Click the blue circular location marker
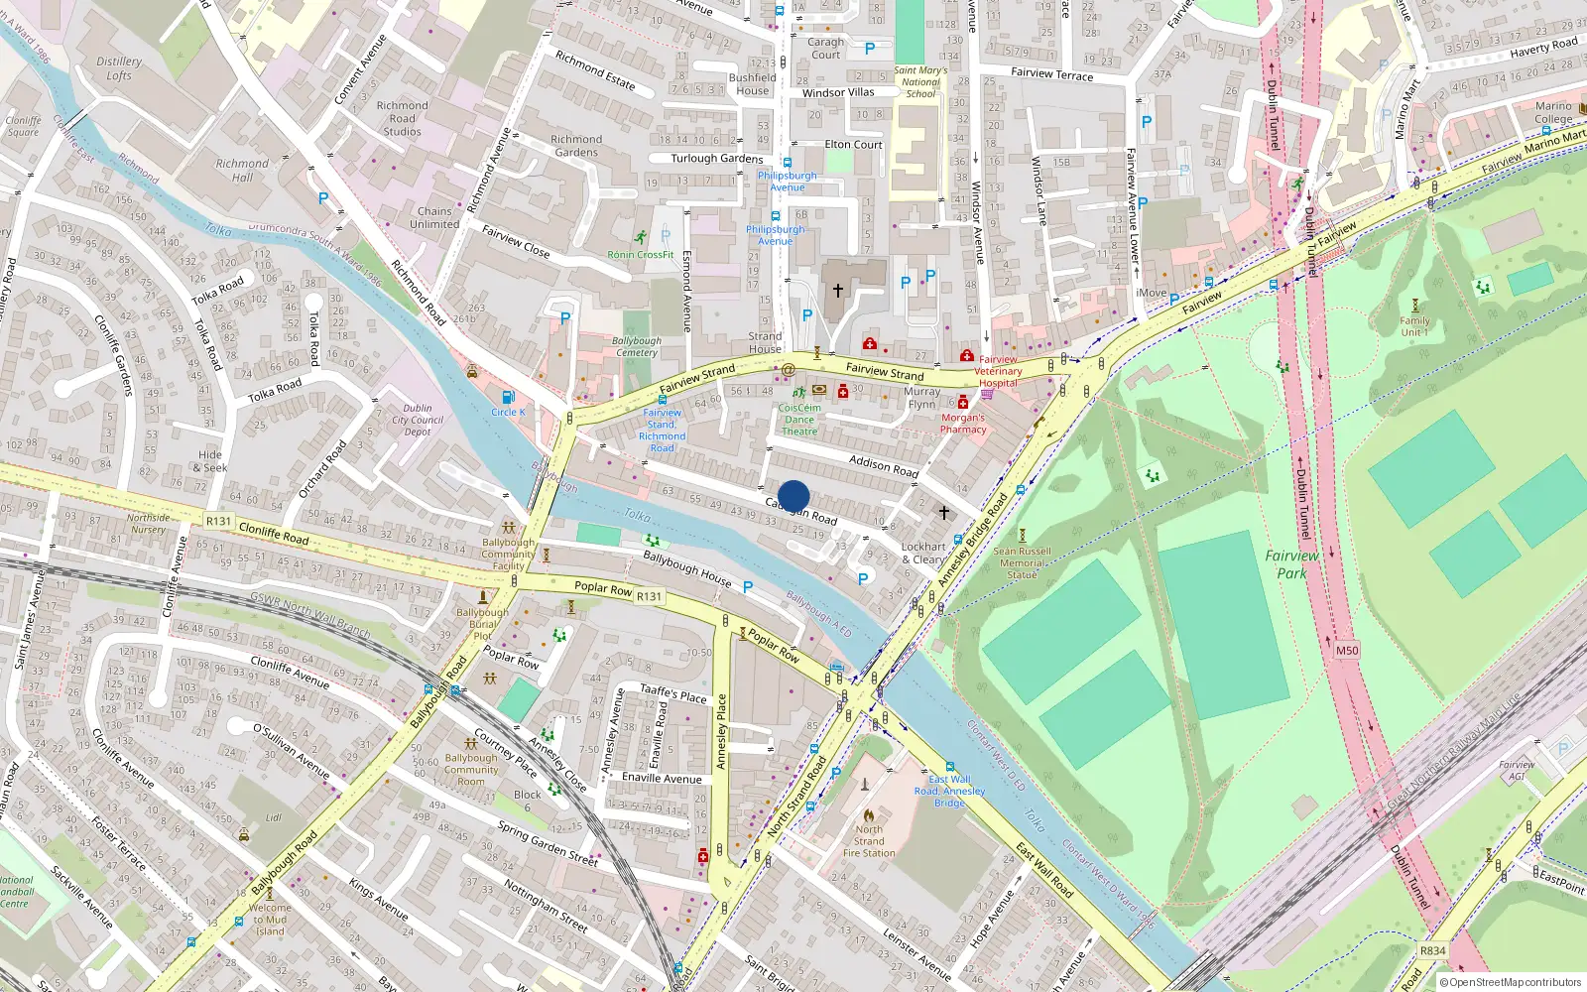click(793, 496)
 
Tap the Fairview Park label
click(1291, 564)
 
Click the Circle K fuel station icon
click(508, 398)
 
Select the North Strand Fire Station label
click(869, 841)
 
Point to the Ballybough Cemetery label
click(637, 346)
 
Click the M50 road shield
click(1346, 651)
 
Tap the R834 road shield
click(1432, 950)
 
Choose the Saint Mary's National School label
click(920, 81)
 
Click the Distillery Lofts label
click(119, 68)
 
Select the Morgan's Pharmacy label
click(963, 424)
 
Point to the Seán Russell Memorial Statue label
click(1022, 562)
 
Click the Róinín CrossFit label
click(641, 255)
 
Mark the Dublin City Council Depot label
click(418, 420)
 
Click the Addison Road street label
click(884, 466)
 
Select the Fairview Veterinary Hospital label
click(998, 371)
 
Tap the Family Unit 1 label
click(1414, 326)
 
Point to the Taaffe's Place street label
click(673, 693)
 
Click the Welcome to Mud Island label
click(270, 920)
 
